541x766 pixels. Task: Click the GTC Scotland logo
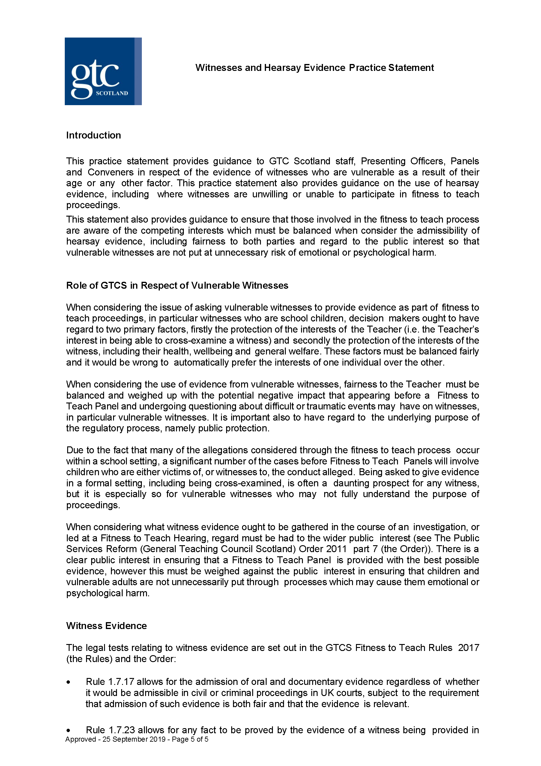coord(103,71)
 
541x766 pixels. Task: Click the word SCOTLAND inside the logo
coord(112,93)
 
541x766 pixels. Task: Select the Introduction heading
coord(93,135)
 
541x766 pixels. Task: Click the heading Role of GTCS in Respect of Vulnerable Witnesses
coord(177,286)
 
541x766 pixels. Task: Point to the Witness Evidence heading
coord(106,626)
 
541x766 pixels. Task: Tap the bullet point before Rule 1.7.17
coord(68,682)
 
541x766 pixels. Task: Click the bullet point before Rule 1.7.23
coord(68,731)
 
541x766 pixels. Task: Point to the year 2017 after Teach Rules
coord(468,648)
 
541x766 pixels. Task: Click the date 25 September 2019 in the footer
coord(134,739)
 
